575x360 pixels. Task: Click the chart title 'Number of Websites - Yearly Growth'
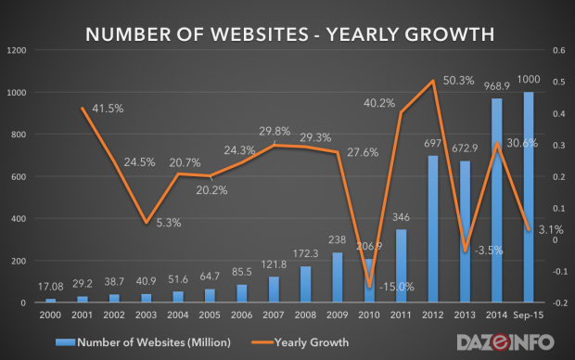pyautogui.click(x=287, y=35)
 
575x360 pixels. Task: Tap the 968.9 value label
pyautogui.click(x=496, y=87)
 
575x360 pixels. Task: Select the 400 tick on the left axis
pyautogui.click(x=23, y=219)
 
